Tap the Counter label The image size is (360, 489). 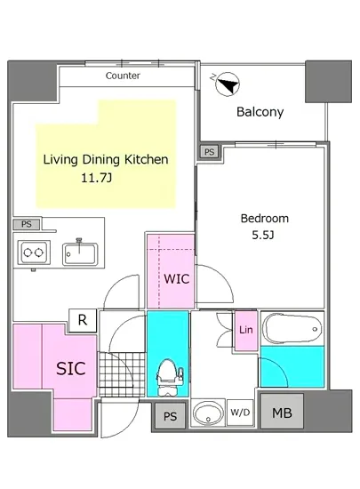pos(123,76)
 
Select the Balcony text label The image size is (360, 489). pos(260,112)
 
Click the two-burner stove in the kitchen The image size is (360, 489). pos(34,252)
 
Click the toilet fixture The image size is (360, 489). pos(170,378)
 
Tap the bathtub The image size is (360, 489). pos(292,329)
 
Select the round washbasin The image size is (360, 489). pos(208,413)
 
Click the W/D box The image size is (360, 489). pos(240,413)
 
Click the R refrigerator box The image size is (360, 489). pos(83,320)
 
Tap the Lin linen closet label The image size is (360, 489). pos(246,330)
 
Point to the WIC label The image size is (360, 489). pos(176,279)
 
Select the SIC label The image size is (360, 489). pos(71,369)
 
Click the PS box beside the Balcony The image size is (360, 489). pos(210,152)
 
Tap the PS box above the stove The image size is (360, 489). pos(27,224)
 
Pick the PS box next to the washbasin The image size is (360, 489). pos(170,416)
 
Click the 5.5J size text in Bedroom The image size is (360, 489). pos(263,235)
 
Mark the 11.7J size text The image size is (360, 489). pos(96,178)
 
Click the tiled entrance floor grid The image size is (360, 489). pos(122,373)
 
